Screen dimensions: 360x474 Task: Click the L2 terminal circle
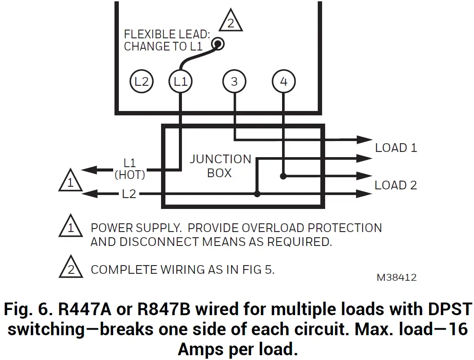pos(142,81)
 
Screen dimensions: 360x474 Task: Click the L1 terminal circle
pos(181,81)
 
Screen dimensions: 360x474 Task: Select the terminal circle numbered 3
pos(234,81)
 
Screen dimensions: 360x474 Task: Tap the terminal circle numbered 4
pos(283,81)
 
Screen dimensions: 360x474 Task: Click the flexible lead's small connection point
pos(217,44)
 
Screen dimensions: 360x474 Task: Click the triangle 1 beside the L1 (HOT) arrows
pos(71,182)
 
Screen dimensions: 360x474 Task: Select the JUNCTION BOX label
pos(220,166)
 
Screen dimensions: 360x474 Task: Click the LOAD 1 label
pos(396,148)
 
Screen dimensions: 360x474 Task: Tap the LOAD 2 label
pos(396,185)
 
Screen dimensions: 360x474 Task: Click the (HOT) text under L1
pos(130,175)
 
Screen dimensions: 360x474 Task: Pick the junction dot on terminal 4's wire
pos(283,176)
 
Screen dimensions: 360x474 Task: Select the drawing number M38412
pos(397,277)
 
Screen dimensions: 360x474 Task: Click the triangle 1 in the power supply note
pos(71,228)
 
